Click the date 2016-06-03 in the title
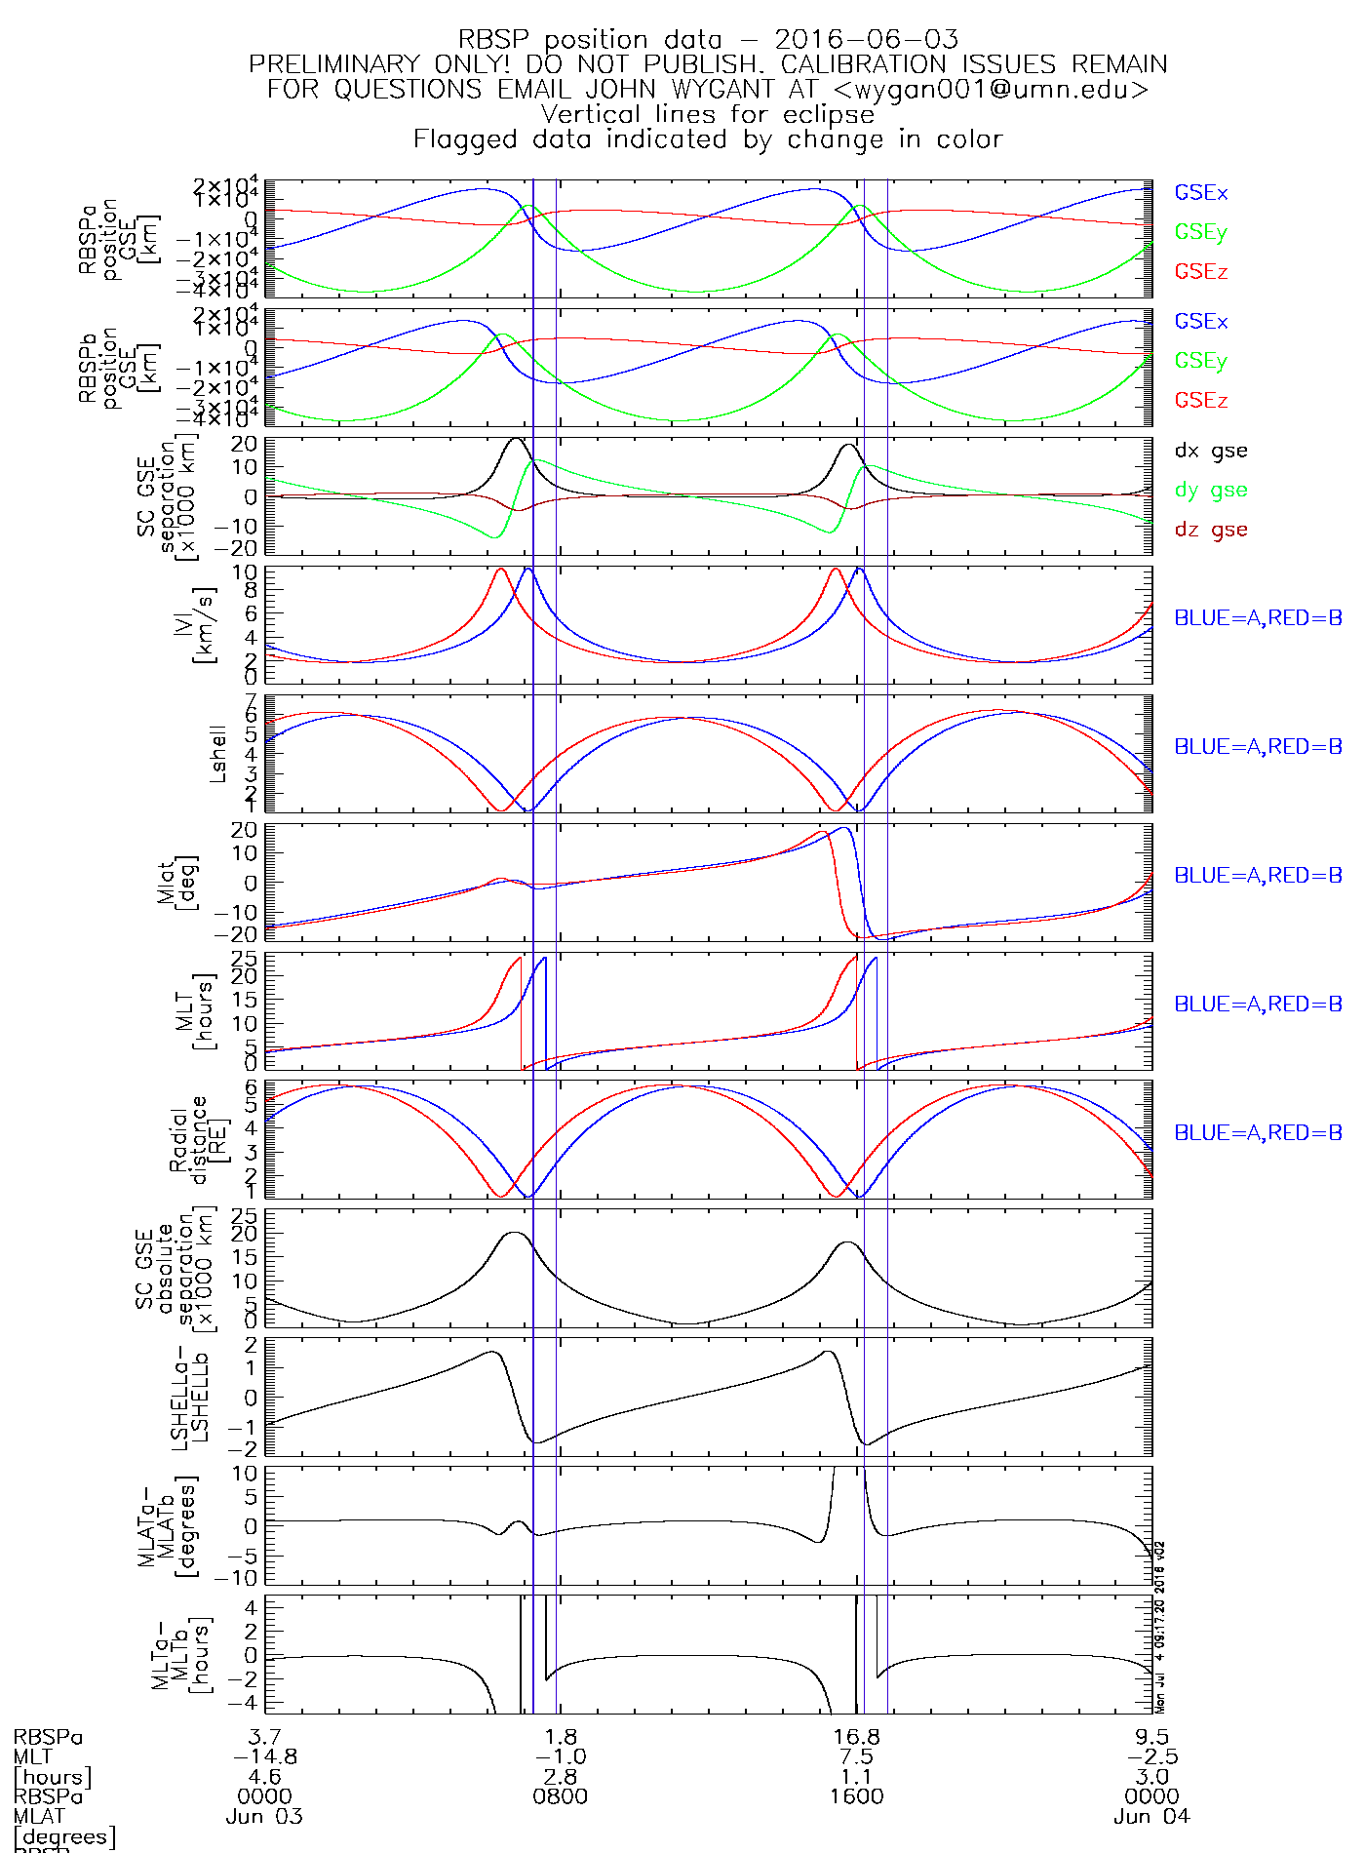(x=866, y=40)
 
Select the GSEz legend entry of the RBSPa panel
(x=1200, y=272)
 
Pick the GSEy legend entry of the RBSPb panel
(x=1200, y=361)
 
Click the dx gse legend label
(x=1210, y=451)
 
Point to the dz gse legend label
(x=1210, y=530)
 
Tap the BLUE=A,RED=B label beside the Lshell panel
(x=1257, y=747)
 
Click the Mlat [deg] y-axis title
(x=176, y=882)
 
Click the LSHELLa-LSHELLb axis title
(x=189, y=1397)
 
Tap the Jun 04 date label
(x=1151, y=1817)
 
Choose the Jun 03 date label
(x=264, y=1817)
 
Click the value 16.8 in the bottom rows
(x=857, y=1737)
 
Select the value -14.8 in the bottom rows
(x=264, y=1756)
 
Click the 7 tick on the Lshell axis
(x=251, y=701)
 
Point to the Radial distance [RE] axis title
(x=189, y=1139)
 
